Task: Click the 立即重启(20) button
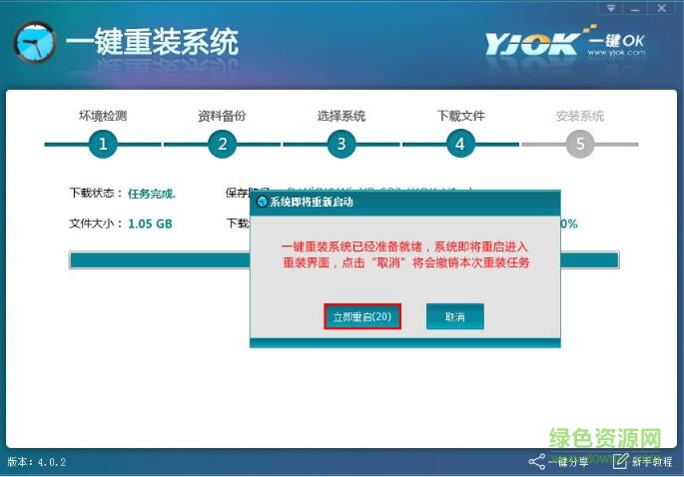(362, 316)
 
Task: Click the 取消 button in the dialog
(454, 316)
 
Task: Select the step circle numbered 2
(222, 144)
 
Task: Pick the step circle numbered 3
(341, 144)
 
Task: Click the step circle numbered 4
(459, 144)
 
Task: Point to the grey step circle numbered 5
(580, 144)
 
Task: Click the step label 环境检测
(103, 116)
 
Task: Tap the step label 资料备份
(222, 116)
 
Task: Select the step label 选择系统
(341, 116)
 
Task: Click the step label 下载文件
(460, 116)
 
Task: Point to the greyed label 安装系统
(580, 116)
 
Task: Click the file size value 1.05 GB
(150, 224)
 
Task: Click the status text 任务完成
(152, 193)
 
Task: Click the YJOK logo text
(532, 43)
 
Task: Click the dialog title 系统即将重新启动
(312, 202)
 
